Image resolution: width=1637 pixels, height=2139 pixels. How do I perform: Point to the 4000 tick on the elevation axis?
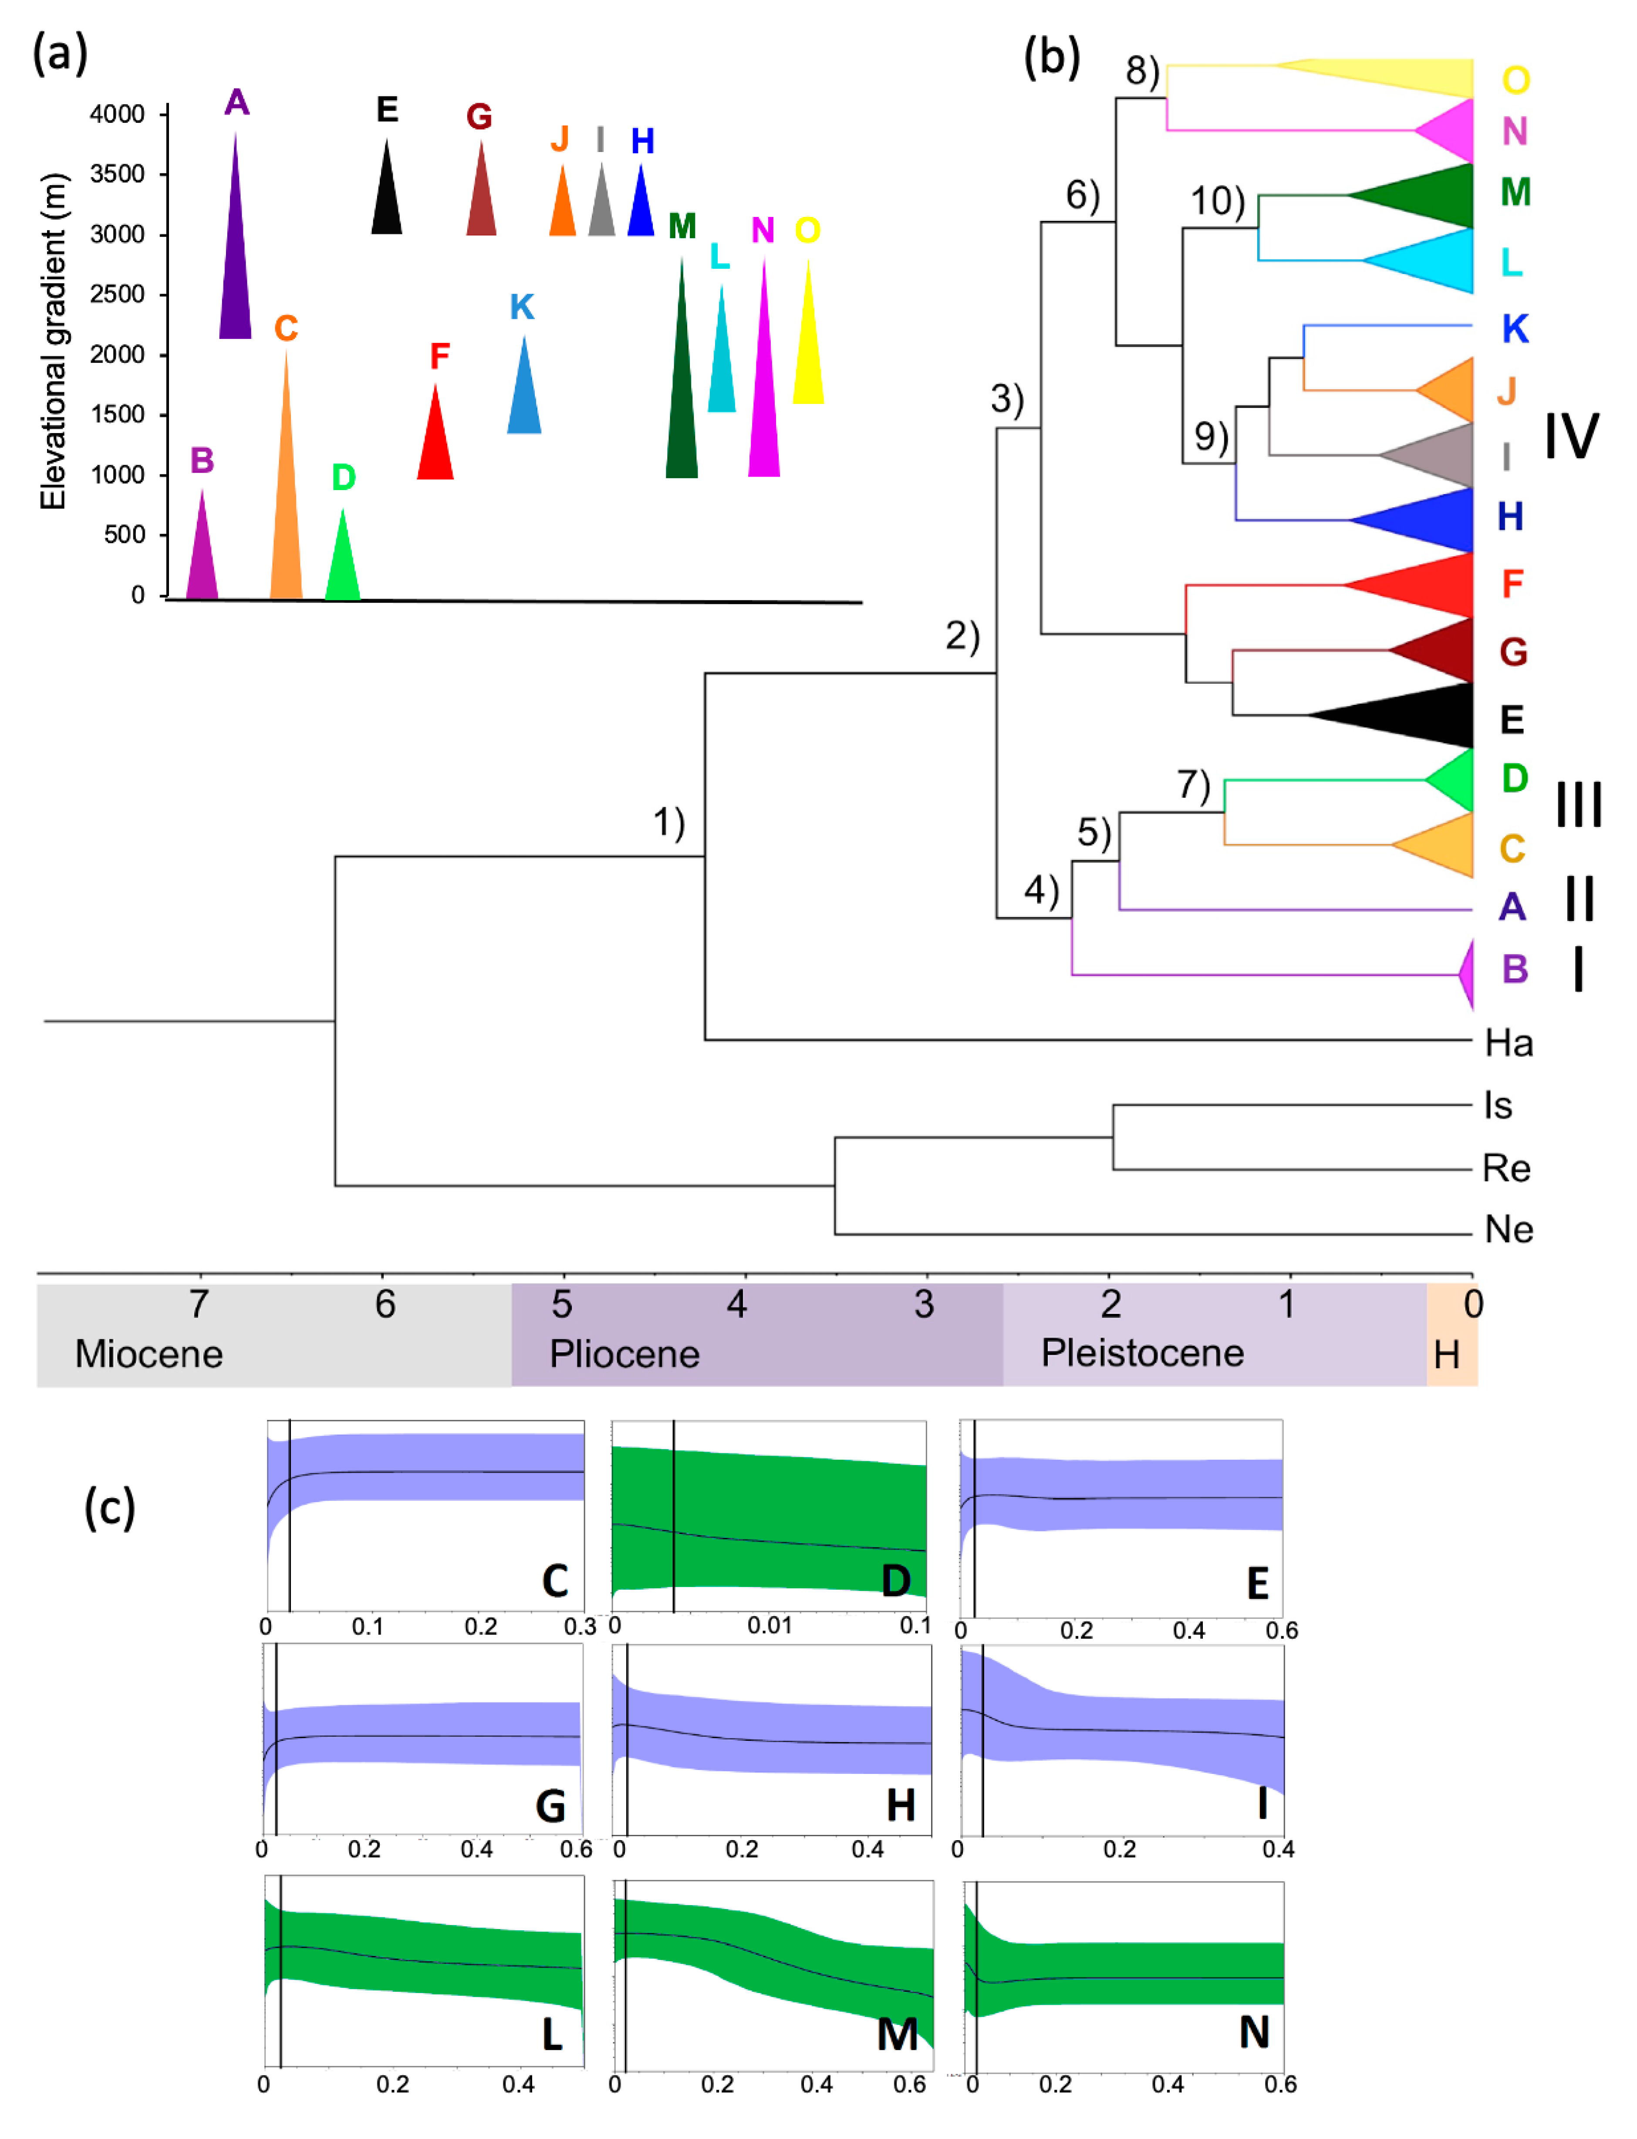(x=117, y=114)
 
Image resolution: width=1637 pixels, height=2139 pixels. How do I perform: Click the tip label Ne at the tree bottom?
(x=1509, y=1230)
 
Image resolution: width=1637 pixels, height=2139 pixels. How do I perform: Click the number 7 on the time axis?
(x=199, y=1304)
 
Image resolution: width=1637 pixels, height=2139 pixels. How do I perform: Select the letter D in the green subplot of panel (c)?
(x=895, y=1581)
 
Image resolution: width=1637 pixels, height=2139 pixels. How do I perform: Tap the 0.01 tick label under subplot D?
(x=770, y=1625)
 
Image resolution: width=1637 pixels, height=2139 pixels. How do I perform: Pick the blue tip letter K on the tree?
(x=1514, y=329)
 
